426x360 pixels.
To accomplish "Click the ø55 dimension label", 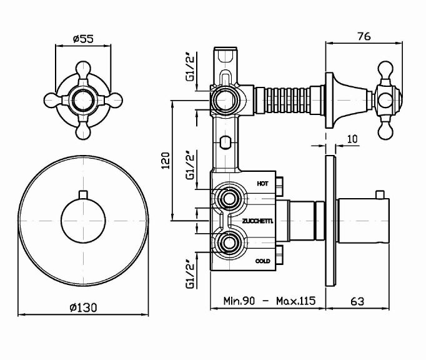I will pos(83,39).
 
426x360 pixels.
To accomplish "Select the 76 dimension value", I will pos(364,36).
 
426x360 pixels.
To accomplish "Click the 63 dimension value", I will pos(357,301).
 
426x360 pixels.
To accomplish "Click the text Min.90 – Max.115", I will pos(270,301).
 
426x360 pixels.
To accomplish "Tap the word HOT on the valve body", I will pos(263,183).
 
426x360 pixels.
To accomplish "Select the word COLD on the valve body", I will pos(263,260).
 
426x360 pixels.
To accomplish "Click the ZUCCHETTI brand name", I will pos(256,222).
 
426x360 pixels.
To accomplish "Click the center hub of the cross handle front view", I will pos(82,100).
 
